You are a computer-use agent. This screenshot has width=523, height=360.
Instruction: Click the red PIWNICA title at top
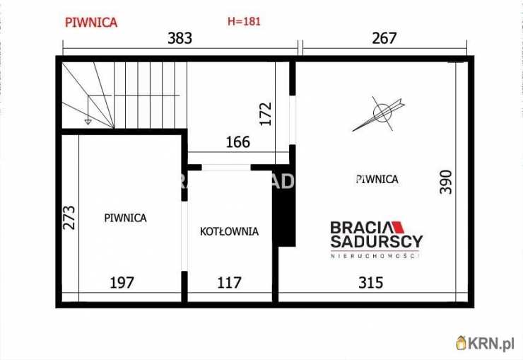90,22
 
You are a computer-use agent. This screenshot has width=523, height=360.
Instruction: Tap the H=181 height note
244,21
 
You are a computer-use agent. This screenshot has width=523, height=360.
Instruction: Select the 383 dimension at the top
180,38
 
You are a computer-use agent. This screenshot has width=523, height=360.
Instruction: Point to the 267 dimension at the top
384,38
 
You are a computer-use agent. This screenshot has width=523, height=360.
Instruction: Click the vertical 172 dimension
266,114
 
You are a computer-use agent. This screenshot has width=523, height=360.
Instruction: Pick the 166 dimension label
237,142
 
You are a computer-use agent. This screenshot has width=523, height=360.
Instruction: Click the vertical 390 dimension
445,182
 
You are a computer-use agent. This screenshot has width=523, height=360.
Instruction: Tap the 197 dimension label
122,283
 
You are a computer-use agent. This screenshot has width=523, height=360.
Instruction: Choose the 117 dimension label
229,283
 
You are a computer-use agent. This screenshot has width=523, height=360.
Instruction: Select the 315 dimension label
370,283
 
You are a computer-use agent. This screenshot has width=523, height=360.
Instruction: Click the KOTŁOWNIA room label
229,231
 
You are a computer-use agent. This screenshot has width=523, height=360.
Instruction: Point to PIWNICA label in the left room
125,218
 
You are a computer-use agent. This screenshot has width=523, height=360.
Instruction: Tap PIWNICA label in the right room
377,179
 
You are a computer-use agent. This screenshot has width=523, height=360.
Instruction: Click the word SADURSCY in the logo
377,241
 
